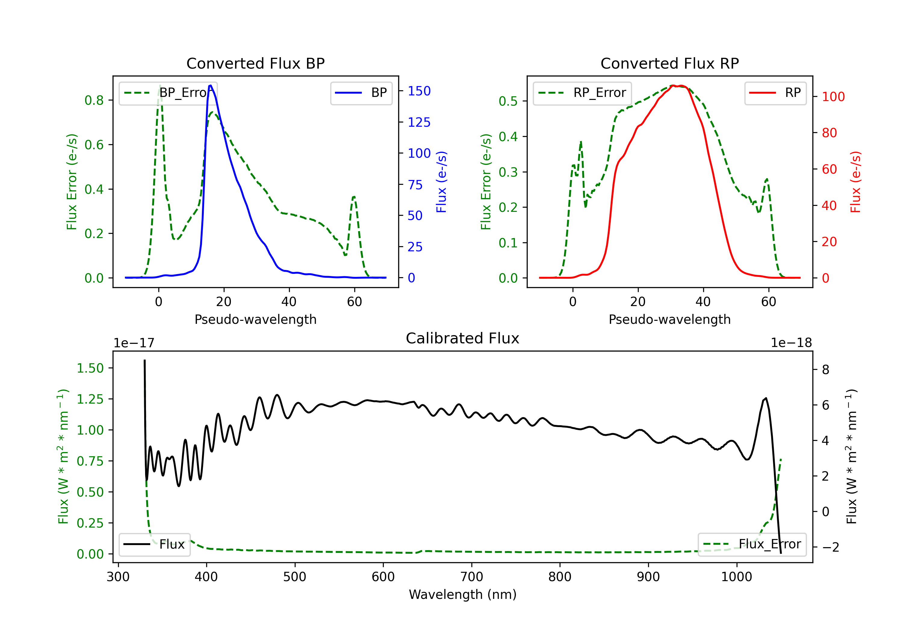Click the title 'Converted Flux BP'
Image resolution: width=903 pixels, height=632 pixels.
pos(256,63)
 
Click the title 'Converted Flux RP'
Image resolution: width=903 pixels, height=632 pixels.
pos(670,63)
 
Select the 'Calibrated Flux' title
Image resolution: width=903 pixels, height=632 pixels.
pos(463,338)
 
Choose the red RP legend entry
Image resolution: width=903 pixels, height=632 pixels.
pos(775,93)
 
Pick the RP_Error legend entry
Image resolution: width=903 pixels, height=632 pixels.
pos(582,93)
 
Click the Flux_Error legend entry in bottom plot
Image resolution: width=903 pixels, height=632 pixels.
pos(752,544)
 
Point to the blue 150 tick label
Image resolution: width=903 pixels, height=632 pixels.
pos(419,91)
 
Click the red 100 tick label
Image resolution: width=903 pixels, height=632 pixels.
pos(833,97)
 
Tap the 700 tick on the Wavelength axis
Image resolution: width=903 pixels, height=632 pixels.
pos(472,577)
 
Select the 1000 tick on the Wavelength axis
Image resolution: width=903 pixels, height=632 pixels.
pos(737,577)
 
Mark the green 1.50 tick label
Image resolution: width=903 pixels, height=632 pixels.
pos(90,368)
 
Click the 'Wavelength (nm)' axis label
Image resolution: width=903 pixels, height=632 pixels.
pos(463,595)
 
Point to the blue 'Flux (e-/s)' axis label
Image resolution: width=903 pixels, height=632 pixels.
pos(442,182)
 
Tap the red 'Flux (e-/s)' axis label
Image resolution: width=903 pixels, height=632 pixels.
pos(856,182)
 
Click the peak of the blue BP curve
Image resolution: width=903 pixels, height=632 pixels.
pos(211,85)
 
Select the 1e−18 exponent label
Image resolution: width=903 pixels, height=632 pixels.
pos(791,343)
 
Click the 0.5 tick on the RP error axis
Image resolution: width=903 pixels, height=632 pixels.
pos(508,101)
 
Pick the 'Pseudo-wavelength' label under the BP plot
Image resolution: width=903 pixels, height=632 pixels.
pos(256,319)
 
